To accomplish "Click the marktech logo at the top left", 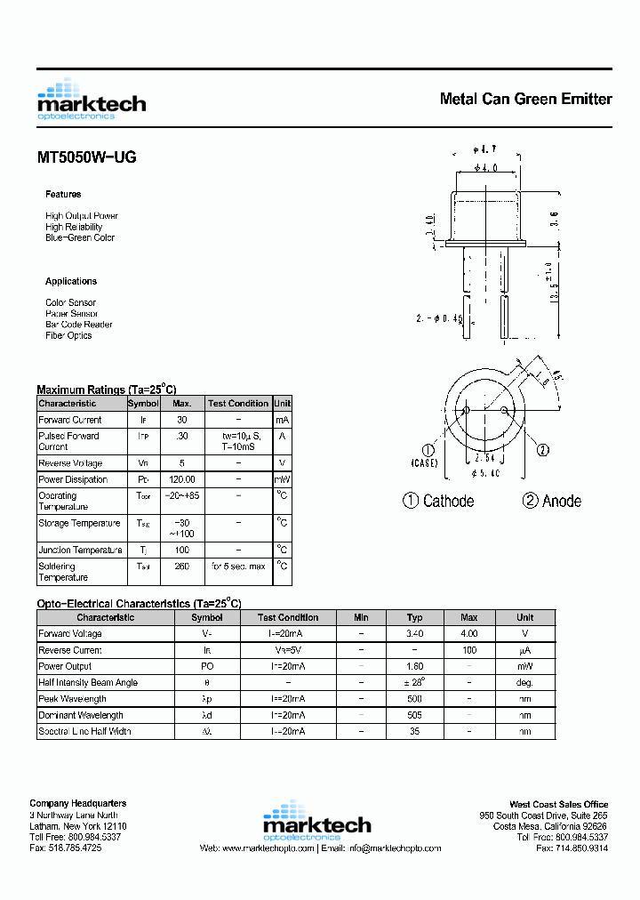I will click(x=91, y=99).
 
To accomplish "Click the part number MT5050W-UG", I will click(x=86, y=157).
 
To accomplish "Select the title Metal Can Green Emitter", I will click(x=525, y=99).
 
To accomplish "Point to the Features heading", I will click(x=63, y=194).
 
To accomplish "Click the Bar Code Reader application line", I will click(x=79, y=325).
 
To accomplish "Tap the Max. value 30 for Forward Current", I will click(x=182, y=420).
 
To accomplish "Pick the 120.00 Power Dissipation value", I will click(x=182, y=479).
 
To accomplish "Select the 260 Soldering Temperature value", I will click(x=182, y=566).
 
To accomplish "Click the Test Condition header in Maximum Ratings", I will click(x=238, y=404).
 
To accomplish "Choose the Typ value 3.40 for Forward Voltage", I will click(x=414, y=634).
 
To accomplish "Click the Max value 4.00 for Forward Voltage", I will click(x=469, y=634).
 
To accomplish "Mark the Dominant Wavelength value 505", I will click(x=414, y=715).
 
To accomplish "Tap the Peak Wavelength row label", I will click(x=74, y=699).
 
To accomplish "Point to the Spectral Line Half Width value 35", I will click(x=414, y=731).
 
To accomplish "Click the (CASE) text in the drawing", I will click(x=424, y=463).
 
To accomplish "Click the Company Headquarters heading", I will click(x=77, y=804).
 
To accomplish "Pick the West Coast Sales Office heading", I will click(x=558, y=804).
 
